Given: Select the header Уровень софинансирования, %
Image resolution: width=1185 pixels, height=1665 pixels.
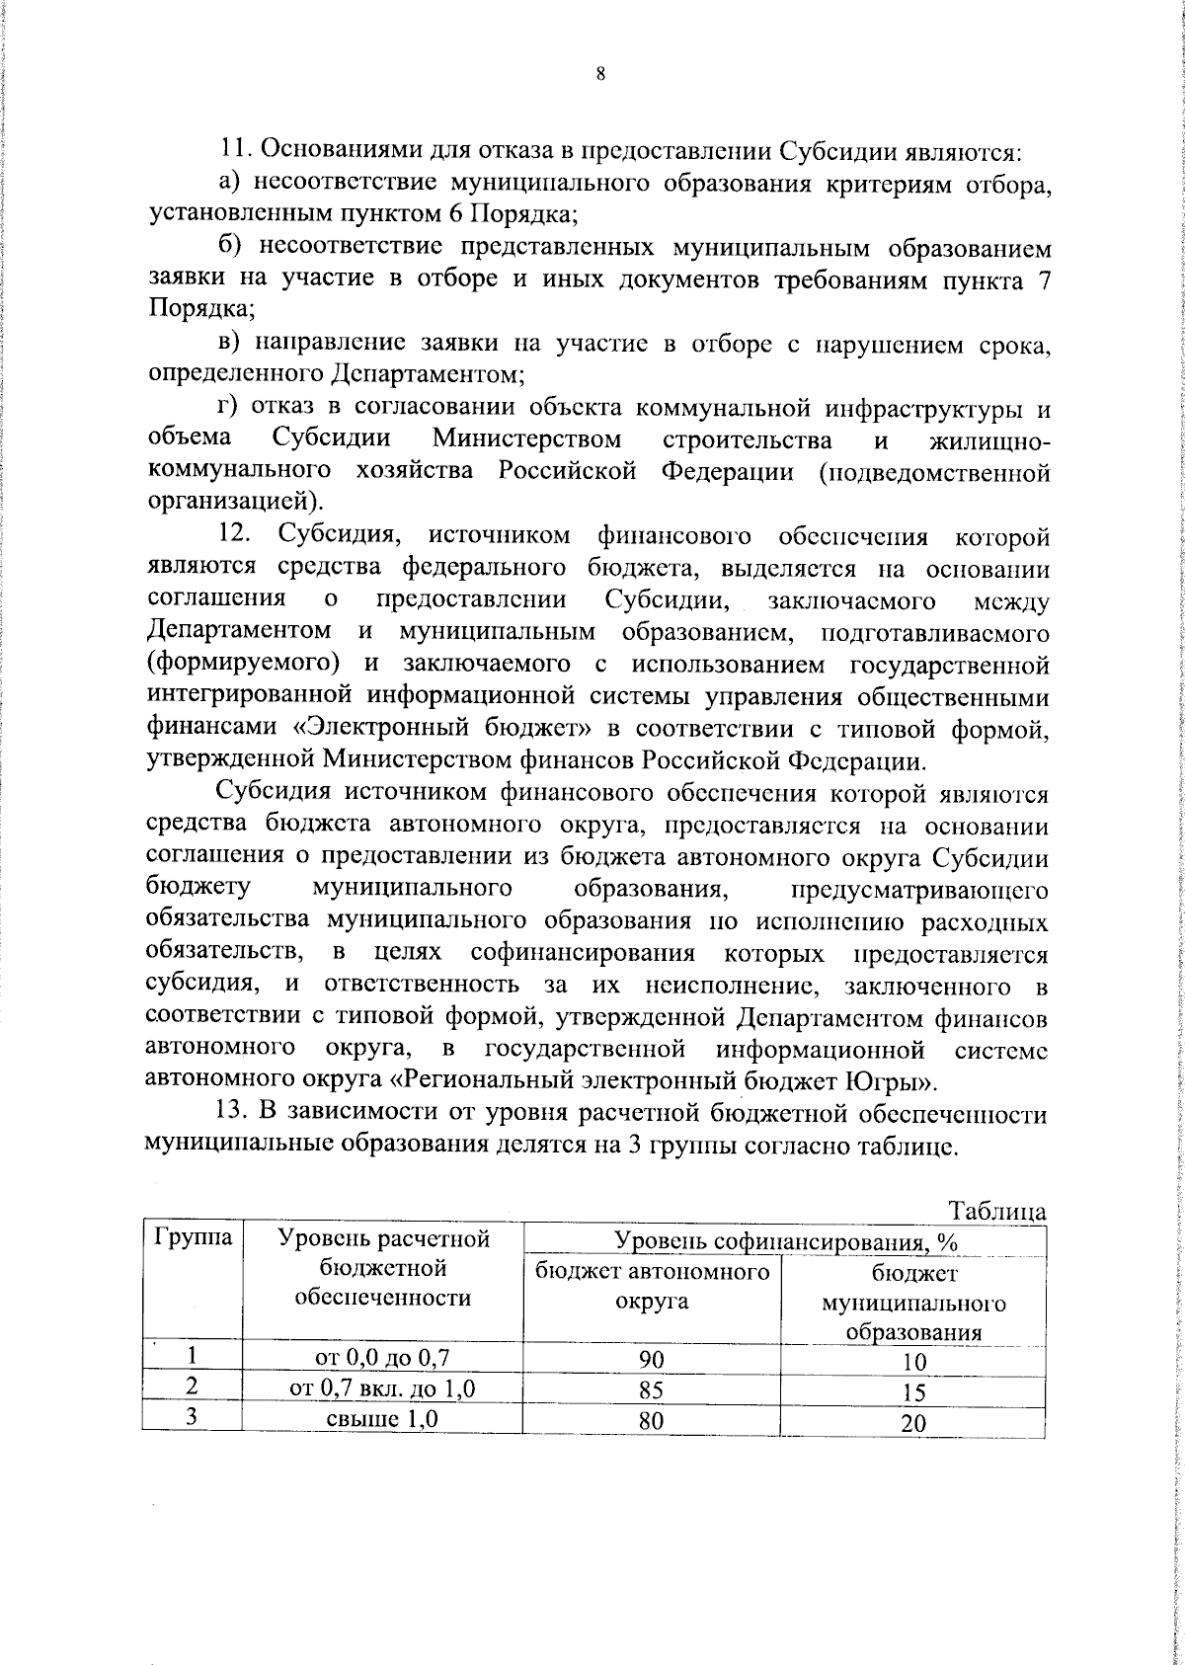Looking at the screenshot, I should click(786, 1241).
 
